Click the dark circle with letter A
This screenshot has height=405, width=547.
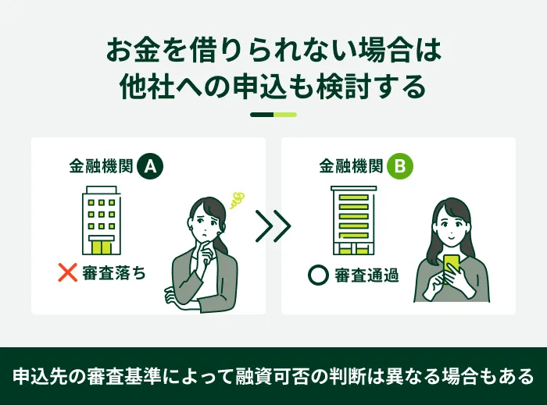[x=150, y=166]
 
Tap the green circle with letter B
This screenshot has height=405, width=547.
[x=400, y=166]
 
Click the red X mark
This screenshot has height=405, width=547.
[x=68, y=272]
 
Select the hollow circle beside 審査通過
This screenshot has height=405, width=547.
[x=318, y=275]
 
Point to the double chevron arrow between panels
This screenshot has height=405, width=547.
[x=273, y=226]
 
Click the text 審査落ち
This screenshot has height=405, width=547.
[x=114, y=272]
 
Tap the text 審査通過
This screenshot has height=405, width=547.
[x=366, y=275]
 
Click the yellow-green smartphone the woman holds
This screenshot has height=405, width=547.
[x=451, y=266]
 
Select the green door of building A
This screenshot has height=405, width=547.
[x=101, y=247]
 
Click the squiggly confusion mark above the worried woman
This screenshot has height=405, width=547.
[x=237, y=200]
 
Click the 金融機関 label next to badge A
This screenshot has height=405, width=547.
[x=101, y=166]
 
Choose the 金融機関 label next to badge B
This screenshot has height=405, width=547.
[x=351, y=166]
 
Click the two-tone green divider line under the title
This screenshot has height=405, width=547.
[x=273, y=115]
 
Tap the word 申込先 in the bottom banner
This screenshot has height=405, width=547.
[x=39, y=376]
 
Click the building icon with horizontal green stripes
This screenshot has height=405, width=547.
[x=354, y=220]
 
